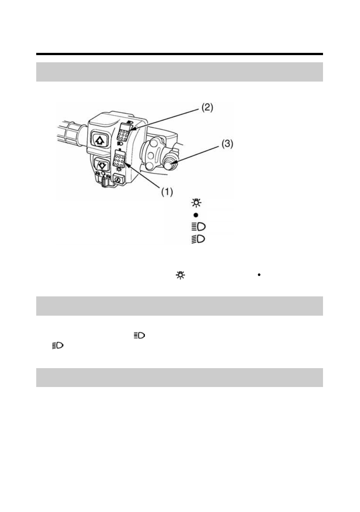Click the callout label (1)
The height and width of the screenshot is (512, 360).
(x=167, y=192)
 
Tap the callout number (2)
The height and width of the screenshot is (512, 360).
(x=207, y=108)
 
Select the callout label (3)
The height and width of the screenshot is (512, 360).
(x=227, y=144)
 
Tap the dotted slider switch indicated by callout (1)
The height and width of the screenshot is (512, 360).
(x=119, y=159)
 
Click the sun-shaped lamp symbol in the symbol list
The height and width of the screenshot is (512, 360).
(x=196, y=203)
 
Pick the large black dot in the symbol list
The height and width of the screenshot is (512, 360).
(x=196, y=215)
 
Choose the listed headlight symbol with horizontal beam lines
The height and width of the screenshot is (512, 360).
(x=198, y=227)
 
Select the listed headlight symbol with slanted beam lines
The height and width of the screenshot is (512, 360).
(x=198, y=239)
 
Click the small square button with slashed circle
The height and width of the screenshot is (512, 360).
(x=118, y=180)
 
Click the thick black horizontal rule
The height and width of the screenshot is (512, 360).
(x=180, y=54)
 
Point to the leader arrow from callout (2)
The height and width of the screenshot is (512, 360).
(x=165, y=120)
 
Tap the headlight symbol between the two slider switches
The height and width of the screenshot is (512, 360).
(x=120, y=144)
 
